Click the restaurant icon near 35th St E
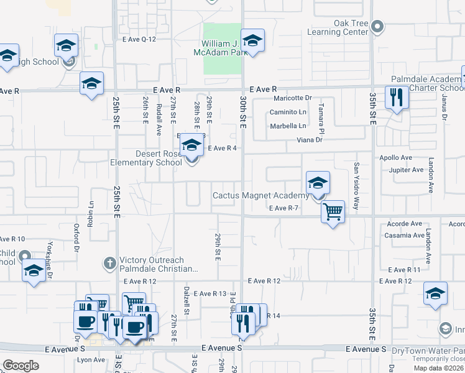click(x=396, y=97)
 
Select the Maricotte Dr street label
click(x=292, y=98)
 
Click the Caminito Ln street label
click(x=288, y=112)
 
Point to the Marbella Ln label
click(x=288, y=126)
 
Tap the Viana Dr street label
click(x=310, y=140)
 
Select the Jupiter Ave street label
click(x=405, y=170)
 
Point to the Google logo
click(x=21, y=365)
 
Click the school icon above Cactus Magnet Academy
click(x=318, y=183)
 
